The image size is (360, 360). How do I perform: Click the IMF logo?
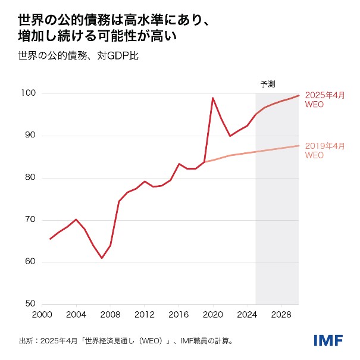click(328, 340)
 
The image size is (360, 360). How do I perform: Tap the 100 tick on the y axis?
click(29, 93)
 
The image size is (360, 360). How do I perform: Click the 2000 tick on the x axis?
click(42, 314)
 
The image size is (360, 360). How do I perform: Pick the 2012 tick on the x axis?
click(145, 314)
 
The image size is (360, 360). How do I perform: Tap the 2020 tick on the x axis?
click(213, 314)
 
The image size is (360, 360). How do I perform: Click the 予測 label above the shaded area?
click(268, 84)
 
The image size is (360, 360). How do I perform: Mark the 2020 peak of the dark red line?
click(213, 98)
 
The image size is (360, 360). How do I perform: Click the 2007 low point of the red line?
click(102, 258)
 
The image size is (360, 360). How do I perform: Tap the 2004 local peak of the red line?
click(76, 220)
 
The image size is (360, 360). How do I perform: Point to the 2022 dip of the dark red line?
click(230, 136)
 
